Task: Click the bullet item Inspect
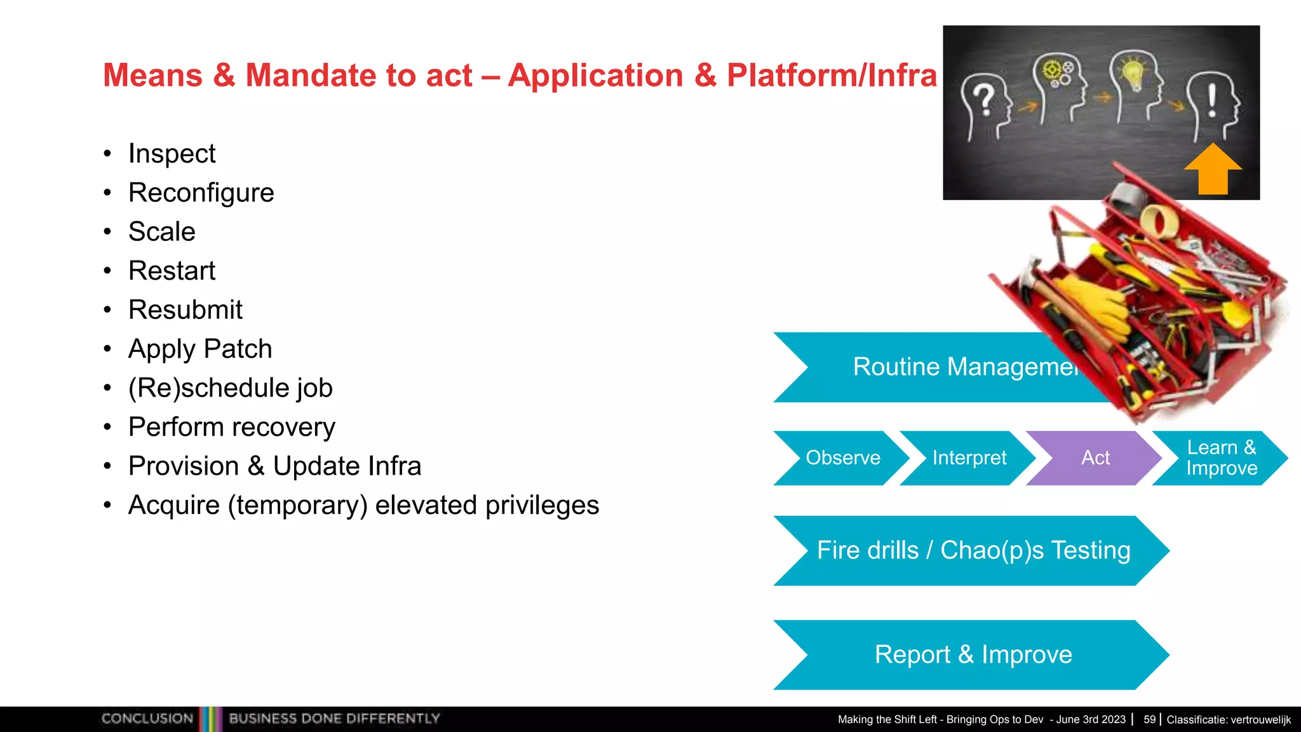172,154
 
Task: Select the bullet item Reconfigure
201,193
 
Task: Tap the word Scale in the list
161,231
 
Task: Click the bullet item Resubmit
185,310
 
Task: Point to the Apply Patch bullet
199,349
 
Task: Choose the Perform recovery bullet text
231,427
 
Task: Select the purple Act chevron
1095,457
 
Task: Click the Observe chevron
842,457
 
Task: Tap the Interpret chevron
969,457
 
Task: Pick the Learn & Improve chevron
1220,457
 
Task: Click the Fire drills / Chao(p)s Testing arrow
973,550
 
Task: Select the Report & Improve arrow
973,654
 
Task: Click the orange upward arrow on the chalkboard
1212,170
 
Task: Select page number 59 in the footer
1149,719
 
